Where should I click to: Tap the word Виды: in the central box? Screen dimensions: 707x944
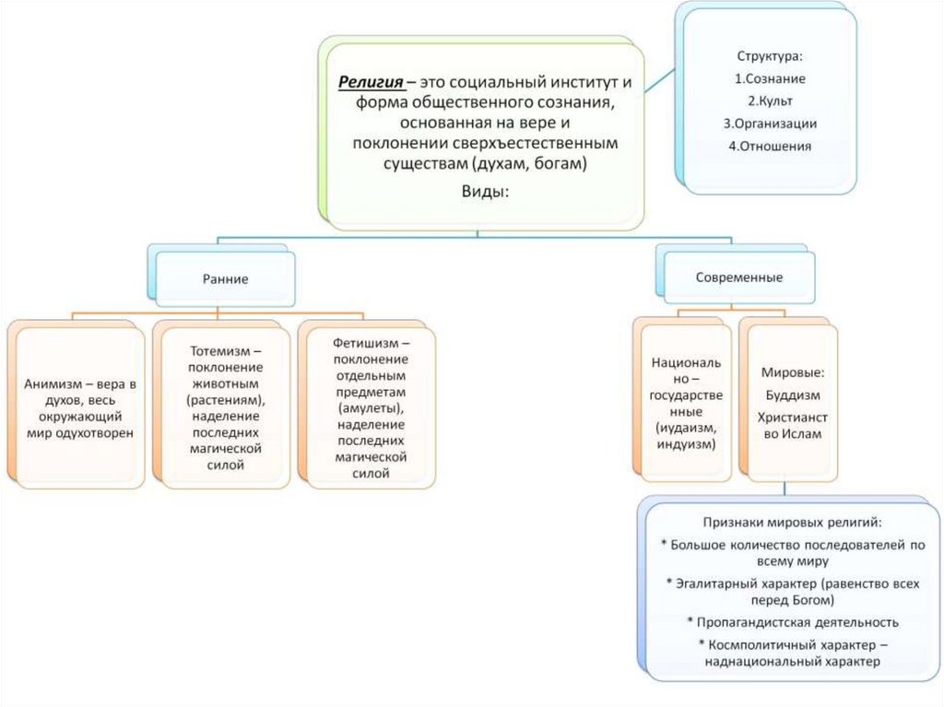point(483,191)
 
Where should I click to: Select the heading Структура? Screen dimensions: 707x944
point(769,56)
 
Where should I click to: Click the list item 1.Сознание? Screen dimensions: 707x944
point(770,78)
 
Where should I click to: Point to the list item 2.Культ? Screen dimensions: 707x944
point(770,100)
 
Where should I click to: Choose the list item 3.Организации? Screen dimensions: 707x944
point(770,123)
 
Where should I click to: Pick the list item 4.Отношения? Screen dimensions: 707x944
point(770,145)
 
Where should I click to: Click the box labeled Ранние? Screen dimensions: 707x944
point(225,278)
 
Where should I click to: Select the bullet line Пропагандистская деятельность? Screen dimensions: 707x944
point(797,621)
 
